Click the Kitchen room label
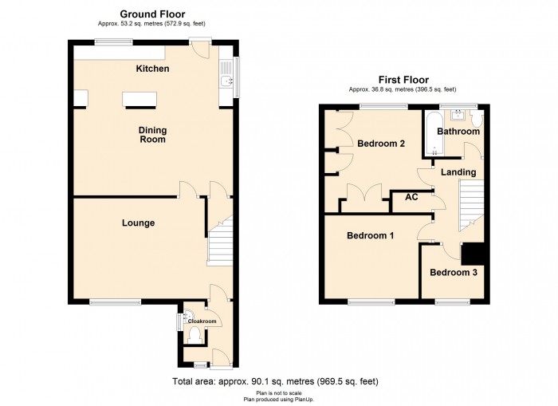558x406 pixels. [x=152, y=69]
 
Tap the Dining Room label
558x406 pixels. [x=152, y=134]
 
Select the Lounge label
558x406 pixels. [x=138, y=223]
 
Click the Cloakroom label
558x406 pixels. [x=202, y=321]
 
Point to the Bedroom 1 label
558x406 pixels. [x=369, y=236]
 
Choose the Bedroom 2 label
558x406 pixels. [x=381, y=144]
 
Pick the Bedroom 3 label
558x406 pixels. [x=453, y=273]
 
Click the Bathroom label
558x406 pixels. [x=458, y=132]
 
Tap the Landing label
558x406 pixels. [x=458, y=172]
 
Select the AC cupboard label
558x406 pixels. [x=412, y=197]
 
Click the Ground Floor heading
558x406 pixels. [x=152, y=14]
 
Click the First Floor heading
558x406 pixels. [x=403, y=80]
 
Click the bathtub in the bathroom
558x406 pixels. [x=434, y=132]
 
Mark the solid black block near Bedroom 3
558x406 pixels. [x=475, y=253]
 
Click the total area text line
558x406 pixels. [x=276, y=382]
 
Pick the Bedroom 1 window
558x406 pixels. [x=371, y=302]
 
